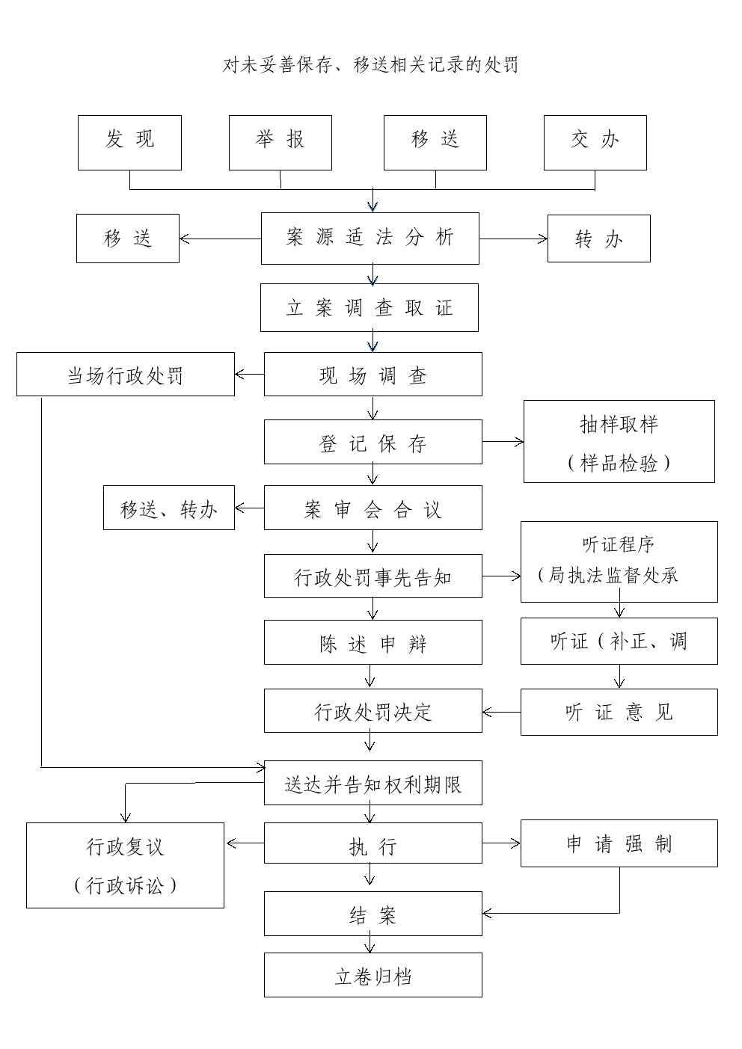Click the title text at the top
pyautogui.click(x=370, y=64)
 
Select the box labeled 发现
pyautogui.click(x=129, y=143)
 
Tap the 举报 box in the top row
pyautogui.click(x=280, y=143)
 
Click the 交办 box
pyautogui.click(x=595, y=143)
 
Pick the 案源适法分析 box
pyautogui.click(x=370, y=239)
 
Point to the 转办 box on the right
pyautogui.click(x=599, y=239)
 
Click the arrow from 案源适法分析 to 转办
pyautogui.click(x=513, y=239)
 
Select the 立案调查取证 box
pyautogui.click(x=370, y=308)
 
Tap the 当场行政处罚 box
pyautogui.click(x=126, y=374)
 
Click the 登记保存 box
pyautogui.click(x=373, y=442)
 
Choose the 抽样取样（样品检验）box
pyautogui.click(x=619, y=441)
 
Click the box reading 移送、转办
pyautogui.click(x=169, y=508)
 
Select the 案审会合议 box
pyautogui.click(x=373, y=508)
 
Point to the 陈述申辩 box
pyautogui.click(x=373, y=642)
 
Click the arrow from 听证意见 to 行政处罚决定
pyautogui.click(x=502, y=713)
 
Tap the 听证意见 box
pyautogui.click(x=619, y=712)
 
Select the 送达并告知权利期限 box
pyautogui.click(x=373, y=783)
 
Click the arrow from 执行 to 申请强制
pyautogui.click(x=502, y=843)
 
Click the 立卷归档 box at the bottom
pyautogui.click(x=373, y=974)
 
